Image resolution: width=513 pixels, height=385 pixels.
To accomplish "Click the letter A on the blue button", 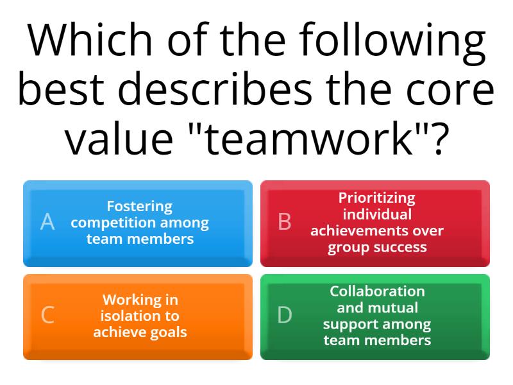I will [47, 222].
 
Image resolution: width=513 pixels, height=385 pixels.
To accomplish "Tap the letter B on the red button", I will [285, 222].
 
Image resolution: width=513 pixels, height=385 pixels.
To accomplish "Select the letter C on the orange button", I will [47, 316].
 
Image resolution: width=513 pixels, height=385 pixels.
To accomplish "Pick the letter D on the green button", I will [285, 316].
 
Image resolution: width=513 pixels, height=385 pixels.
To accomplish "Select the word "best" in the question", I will [61, 90].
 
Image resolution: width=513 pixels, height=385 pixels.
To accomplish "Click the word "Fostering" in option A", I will [139, 207].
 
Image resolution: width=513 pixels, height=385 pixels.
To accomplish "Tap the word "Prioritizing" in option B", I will [377, 198].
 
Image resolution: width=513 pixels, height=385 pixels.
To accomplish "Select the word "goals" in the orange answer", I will [167, 332].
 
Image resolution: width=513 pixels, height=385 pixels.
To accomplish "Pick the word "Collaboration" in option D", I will [377, 291].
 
